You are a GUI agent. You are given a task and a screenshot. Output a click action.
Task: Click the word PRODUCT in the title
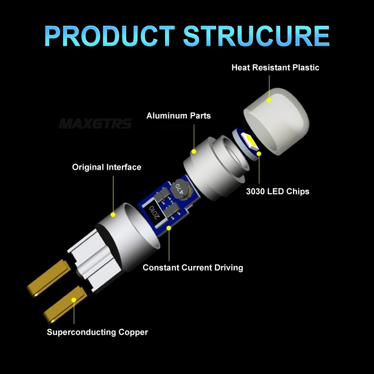pyautogui.click(x=110, y=36)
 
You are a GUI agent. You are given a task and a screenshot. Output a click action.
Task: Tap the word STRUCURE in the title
pyautogui.click(x=256, y=36)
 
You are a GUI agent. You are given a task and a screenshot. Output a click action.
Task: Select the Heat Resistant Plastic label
pyautogui.click(x=275, y=67)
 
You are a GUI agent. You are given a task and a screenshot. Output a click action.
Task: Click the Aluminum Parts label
pyautogui.click(x=179, y=115)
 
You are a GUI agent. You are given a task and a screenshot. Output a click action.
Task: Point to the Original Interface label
pyautogui.click(x=107, y=167)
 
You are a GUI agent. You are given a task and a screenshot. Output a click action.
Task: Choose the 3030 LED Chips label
pyautogui.click(x=278, y=191)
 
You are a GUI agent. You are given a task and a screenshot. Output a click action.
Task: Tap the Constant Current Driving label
pyautogui.click(x=193, y=267)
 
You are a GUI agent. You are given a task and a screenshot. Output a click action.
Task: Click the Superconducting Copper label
pyautogui.click(x=97, y=332)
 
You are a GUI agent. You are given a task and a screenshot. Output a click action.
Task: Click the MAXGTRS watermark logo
pyautogui.click(x=95, y=123)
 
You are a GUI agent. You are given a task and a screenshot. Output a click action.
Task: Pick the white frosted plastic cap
pyautogui.click(x=277, y=121)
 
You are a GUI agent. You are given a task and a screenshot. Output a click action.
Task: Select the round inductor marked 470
pyautogui.click(x=180, y=191)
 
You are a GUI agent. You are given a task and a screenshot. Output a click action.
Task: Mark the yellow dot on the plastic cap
pyautogui.click(x=269, y=100)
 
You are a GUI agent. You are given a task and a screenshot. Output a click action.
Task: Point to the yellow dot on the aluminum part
pyautogui.click(x=194, y=151)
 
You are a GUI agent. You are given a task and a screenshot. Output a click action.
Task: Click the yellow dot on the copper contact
pyautogui.click(x=74, y=300)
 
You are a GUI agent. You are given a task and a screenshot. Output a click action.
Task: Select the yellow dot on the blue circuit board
pyautogui.click(x=169, y=228)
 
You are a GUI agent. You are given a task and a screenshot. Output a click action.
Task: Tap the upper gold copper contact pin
pyautogui.click(x=49, y=278)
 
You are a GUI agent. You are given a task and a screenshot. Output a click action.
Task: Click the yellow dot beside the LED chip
pyautogui.click(x=259, y=154)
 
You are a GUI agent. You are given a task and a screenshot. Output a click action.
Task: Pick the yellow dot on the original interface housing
pyautogui.click(x=113, y=215)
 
